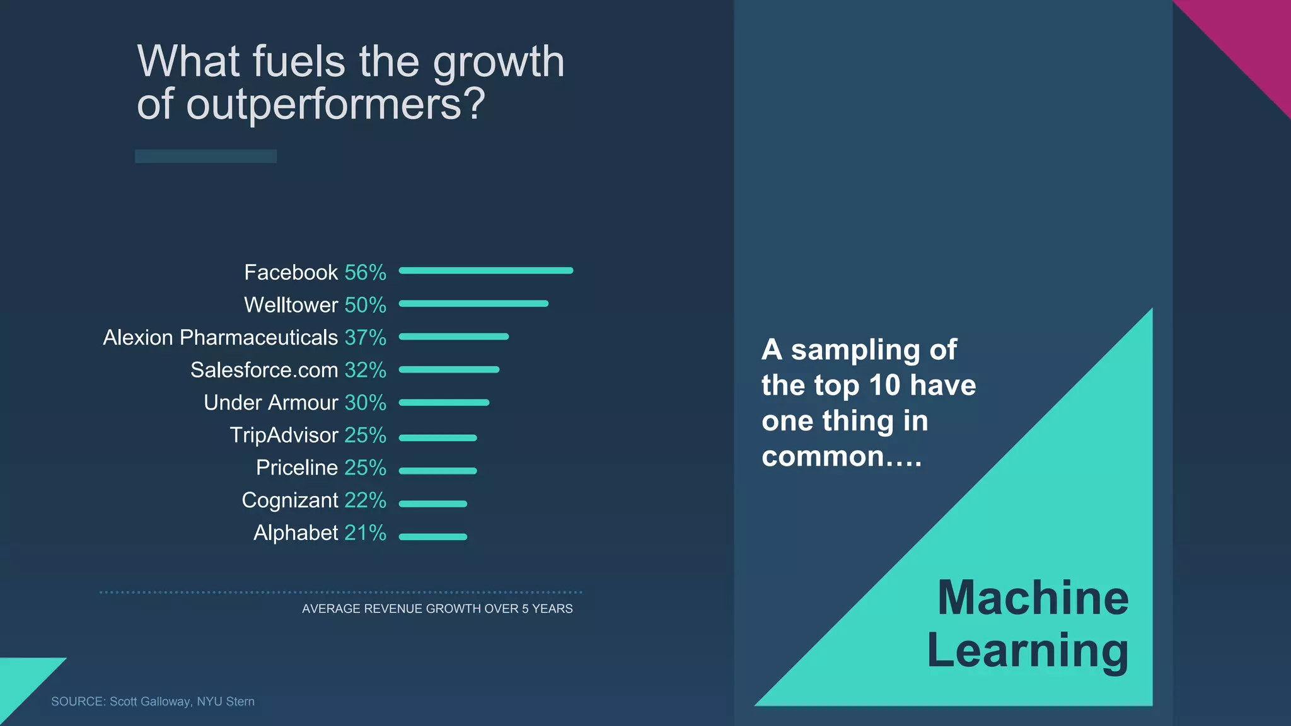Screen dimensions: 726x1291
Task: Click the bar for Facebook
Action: pyautogui.click(x=486, y=270)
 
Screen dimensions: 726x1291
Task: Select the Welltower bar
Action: pyautogui.click(x=473, y=304)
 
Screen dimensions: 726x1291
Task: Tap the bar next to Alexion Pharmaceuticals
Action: pyautogui.click(x=454, y=337)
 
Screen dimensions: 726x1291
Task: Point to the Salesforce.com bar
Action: pyautogui.click(x=449, y=369)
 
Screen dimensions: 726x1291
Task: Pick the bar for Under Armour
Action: pyautogui.click(x=444, y=402)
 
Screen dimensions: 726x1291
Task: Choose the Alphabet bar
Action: pyautogui.click(x=433, y=537)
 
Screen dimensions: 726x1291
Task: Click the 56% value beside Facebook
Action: pyautogui.click(x=366, y=272)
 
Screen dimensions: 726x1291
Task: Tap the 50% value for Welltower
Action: pyautogui.click(x=366, y=305)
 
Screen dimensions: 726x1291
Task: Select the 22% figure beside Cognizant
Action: pyautogui.click(x=366, y=500)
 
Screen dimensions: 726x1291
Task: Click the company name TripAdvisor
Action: pyautogui.click(x=284, y=435)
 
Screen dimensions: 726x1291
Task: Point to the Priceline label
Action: pyautogui.click(x=297, y=468)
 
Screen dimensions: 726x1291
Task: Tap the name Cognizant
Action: pyautogui.click(x=290, y=500)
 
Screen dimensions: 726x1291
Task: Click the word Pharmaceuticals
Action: pyautogui.click(x=258, y=338)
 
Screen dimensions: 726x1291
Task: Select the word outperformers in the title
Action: pyautogui.click(x=335, y=104)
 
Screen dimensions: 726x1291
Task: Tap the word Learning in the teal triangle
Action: pyautogui.click(x=1028, y=650)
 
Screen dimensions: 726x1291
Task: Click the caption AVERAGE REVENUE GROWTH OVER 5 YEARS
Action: pyautogui.click(x=437, y=609)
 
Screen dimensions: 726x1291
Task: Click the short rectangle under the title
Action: pyautogui.click(x=206, y=156)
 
